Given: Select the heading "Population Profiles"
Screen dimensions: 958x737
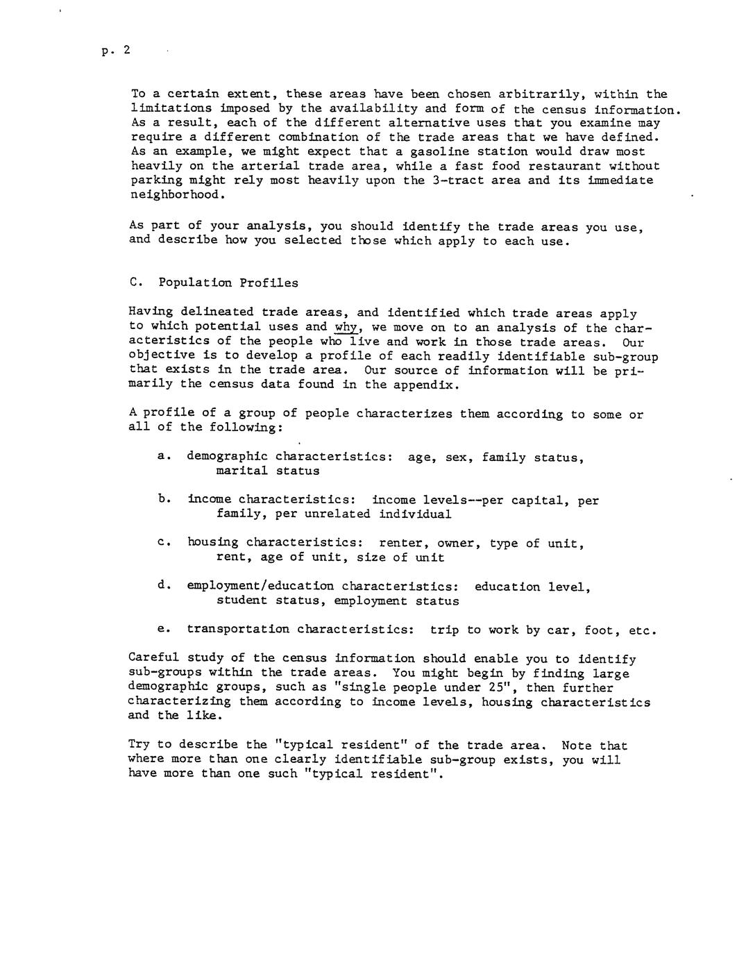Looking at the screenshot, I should (x=228, y=283).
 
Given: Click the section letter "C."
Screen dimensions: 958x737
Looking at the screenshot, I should (x=135, y=283).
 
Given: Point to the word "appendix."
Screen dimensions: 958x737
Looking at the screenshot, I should (x=426, y=385).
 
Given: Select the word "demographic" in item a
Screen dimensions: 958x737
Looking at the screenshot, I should (x=227, y=457).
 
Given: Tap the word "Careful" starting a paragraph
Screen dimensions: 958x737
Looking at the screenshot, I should (x=154, y=658).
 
